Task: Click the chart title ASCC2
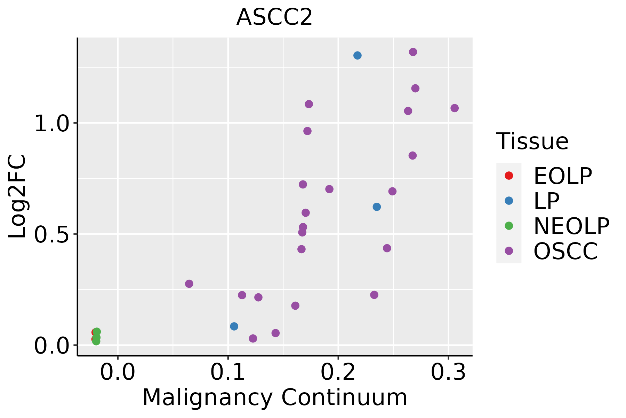tap(274, 17)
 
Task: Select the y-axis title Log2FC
tap(17, 197)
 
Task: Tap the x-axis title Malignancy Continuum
tap(275, 398)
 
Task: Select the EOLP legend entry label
tap(562, 176)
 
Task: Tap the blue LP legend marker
tap(509, 201)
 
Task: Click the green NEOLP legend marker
tap(509, 226)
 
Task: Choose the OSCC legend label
tap(565, 251)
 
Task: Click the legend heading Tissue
tap(532, 141)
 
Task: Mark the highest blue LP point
tap(358, 55)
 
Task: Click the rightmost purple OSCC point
tap(455, 108)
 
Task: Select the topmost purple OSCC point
tap(413, 52)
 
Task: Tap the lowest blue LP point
tap(234, 326)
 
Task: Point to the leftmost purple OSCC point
tap(189, 284)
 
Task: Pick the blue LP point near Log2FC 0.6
tap(377, 207)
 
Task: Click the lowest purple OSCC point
tap(253, 339)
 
